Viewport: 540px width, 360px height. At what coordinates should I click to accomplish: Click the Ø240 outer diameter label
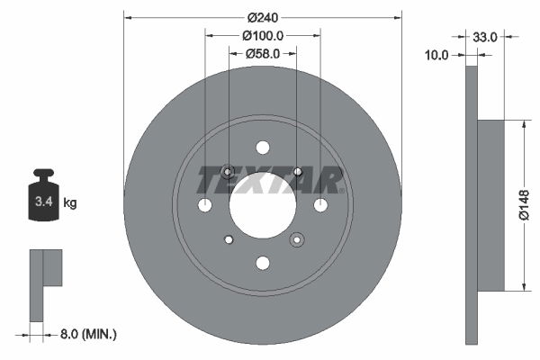pyautogui.click(x=262, y=18)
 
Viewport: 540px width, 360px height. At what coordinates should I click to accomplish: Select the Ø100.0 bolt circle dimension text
pyautogui.click(x=263, y=36)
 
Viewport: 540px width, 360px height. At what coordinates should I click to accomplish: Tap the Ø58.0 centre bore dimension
pyautogui.click(x=263, y=54)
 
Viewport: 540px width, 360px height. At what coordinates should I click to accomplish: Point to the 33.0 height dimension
pyautogui.click(x=485, y=37)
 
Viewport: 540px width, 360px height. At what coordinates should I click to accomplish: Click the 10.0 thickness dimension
pyautogui.click(x=436, y=55)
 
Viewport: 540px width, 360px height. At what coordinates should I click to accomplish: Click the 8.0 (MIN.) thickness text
pyautogui.click(x=85, y=335)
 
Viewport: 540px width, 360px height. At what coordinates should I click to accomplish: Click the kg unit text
pyautogui.click(x=70, y=203)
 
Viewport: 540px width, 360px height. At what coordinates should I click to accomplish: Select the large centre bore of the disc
pyautogui.click(x=262, y=205)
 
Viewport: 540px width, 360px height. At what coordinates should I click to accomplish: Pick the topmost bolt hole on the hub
pyautogui.click(x=262, y=148)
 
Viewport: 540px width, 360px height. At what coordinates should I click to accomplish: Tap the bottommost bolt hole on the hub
pyautogui.click(x=262, y=263)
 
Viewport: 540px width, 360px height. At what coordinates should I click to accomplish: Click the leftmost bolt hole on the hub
pyautogui.click(x=204, y=205)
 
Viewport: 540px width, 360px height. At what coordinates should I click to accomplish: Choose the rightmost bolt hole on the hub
pyautogui.click(x=320, y=205)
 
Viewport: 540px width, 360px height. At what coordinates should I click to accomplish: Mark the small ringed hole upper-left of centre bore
pyautogui.click(x=228, y=172)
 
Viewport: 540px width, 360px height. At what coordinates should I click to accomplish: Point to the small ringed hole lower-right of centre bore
pyautogui.click(x=296, y=239)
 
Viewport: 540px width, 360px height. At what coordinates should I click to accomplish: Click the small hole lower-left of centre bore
pyautogui.click(x=229, y=238)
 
